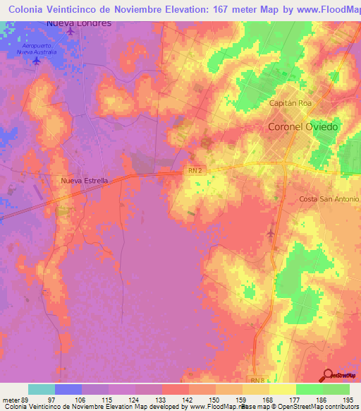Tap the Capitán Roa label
pos(290,103)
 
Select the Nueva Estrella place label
pos(85,181)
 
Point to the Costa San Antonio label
pos(328,200)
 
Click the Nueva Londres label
pos(79,23)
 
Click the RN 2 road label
pos(196,170)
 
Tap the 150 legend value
pos(216,400)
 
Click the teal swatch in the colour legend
pos(42,389)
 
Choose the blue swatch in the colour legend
pos(68,389)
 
